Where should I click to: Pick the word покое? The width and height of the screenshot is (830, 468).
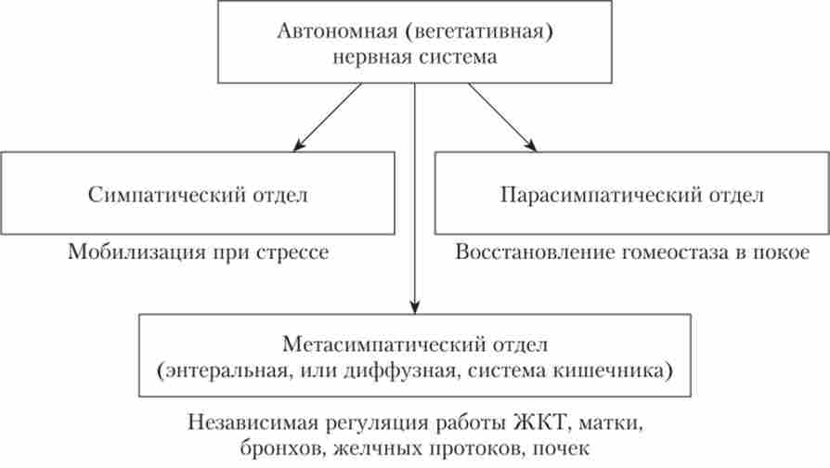click(785, 253)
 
